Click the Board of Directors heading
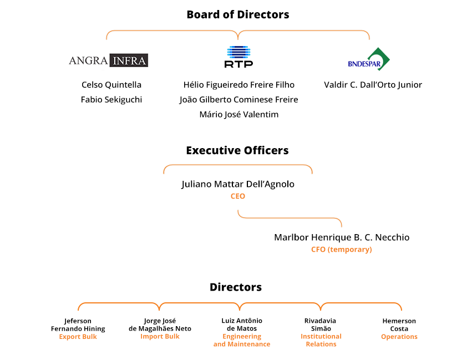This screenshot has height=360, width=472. pyautogui.click(x=238, y=14)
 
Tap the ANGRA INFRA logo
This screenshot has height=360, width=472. pyautogui.click(x=108, y=60)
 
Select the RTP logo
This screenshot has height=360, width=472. pyautogui.click(x=238, y=57)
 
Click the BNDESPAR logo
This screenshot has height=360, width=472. pyautogui.click(x=369, y=59)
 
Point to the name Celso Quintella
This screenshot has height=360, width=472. pyautogui.click(x=111, y=85)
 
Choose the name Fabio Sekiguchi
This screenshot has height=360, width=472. pyautogui.click(x=111, y=100)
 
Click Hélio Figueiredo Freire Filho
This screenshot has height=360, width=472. pyautogui.click(x=239, y=85)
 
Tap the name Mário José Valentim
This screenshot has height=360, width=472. pyautogui.click(x=239, y=114)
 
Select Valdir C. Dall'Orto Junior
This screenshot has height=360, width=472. pyautogui.click(x=373, y=85)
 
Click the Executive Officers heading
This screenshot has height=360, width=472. pyautogui.click(x=237, y=150)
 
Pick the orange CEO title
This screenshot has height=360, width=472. pyautogui.click(x=238, y=196)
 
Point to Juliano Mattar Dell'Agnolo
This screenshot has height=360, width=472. pyautogui.click(x=238, y=184)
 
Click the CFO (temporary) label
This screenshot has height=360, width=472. pyautogui.click(x=342, y=250)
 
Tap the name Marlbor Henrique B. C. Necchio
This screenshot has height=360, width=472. pyautogui.click(x=342, y=237)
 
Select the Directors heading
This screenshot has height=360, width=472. pyautogui.click(x=236, y=287)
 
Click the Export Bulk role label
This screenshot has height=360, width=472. pyautogui.click(x=78, y=337)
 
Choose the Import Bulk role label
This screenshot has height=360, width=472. pyautogui.click(x=160, y=336)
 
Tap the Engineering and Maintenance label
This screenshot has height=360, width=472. pyautogui.click(x=242, y=340)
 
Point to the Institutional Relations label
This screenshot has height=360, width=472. pyautogui.click(x=321, y=340)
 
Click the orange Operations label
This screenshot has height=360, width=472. pyautogui.click(x=399, y=337)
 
